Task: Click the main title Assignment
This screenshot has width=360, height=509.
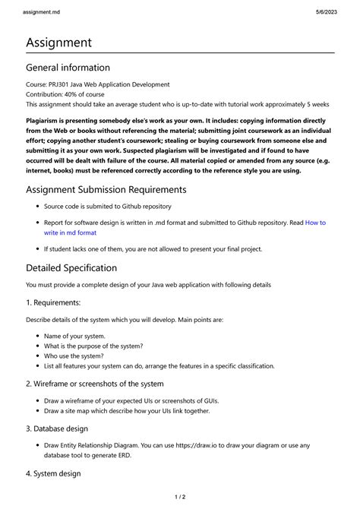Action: pos(58,43)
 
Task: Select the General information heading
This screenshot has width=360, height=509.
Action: pos(68,68)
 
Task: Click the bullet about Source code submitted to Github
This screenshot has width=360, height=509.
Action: pos(107,206)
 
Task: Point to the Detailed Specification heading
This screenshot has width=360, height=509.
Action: pos(71,267)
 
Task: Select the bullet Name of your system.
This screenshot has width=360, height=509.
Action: pos(74,336)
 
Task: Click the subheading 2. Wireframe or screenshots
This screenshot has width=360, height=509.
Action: pos(94,384)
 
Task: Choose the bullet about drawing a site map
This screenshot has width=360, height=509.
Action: pos(127,411)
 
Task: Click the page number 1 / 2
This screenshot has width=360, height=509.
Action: pos(179,497)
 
